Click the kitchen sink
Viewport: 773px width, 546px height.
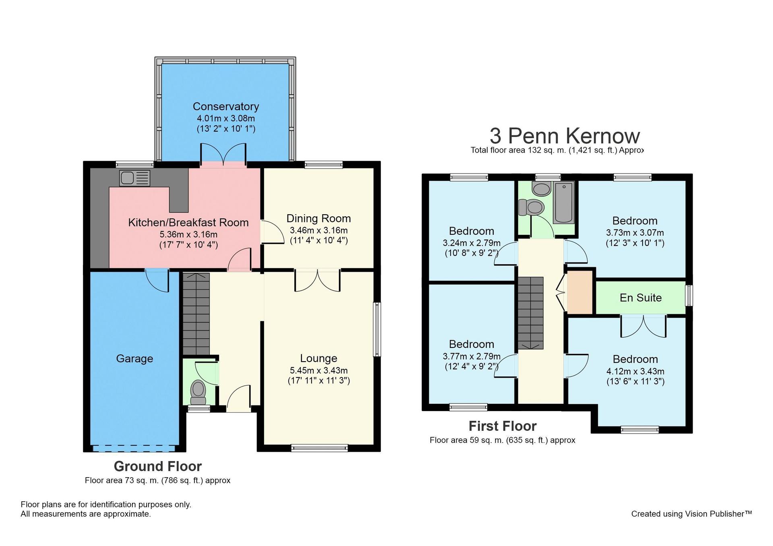tap(135, 178)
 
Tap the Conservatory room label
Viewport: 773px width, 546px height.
tap(226, 106)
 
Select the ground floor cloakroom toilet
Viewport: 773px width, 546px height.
tap(198, 392)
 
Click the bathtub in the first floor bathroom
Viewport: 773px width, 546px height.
tap(564, 203)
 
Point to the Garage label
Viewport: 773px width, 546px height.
tap(134, 358)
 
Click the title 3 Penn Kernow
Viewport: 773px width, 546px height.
tap(564, 136)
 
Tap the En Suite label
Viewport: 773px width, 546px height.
tap(641, 298)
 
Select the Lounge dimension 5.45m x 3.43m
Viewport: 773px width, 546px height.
tap(318, 370)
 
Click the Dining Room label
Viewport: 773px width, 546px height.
tap(318, 218)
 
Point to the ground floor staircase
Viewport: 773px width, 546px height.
tap(196, 314)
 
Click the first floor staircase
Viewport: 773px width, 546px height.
tap(531, 313)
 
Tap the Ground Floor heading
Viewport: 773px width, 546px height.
tap(157, 466)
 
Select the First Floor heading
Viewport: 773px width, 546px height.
tap(502, 426)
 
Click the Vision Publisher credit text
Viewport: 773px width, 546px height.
tap(691, 514)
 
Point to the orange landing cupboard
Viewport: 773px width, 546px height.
tap(580, 291)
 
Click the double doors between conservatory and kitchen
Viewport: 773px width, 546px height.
tap(223, 153)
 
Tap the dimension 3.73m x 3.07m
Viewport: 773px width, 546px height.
tap(635, 233)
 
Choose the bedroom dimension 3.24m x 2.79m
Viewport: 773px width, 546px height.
tap(471, 243)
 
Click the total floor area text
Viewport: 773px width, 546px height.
tap(557, 150)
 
